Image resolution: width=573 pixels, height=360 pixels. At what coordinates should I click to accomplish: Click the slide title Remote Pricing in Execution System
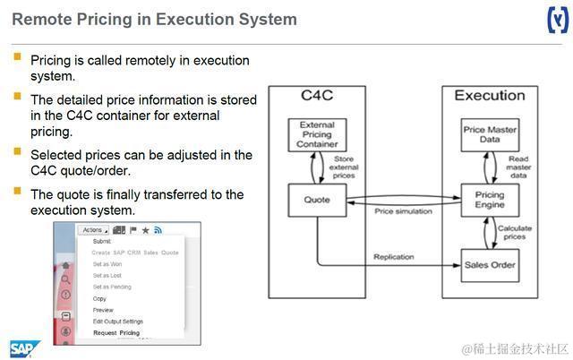[154, 19]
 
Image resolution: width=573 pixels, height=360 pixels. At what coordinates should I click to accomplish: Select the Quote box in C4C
[318, 200]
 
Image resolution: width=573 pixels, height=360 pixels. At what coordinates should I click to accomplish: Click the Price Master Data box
[490, 135]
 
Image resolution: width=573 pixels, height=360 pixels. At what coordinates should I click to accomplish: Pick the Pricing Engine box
[490, 200]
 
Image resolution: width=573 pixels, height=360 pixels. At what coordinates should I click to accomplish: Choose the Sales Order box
[490, 264]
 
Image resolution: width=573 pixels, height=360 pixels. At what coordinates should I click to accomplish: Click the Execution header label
[489, 95]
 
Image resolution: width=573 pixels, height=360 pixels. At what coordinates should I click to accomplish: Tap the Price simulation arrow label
[403, 211]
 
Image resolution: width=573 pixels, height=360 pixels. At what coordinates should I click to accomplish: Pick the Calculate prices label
[514, 233]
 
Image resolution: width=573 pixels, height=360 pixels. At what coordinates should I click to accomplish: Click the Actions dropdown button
[93, 230]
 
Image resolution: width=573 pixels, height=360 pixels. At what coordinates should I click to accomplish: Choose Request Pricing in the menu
[116, 333]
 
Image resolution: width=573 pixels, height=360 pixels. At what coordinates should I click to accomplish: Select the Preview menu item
[104, 310]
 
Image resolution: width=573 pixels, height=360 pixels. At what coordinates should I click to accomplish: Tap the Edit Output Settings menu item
[117, 321]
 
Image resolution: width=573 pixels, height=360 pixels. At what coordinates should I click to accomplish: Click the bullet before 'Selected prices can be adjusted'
[18, 153]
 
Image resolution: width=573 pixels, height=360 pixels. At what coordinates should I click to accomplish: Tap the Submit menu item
[102, 241]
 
